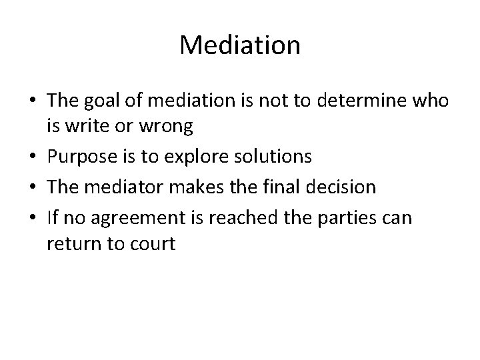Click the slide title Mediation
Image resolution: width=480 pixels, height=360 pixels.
tap(240, 45)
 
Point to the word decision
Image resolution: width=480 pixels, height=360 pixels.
tap(341, 187)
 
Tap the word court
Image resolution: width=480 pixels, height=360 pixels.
tap(154, 243)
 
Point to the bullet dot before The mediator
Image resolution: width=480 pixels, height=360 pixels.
tap(35, 187)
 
